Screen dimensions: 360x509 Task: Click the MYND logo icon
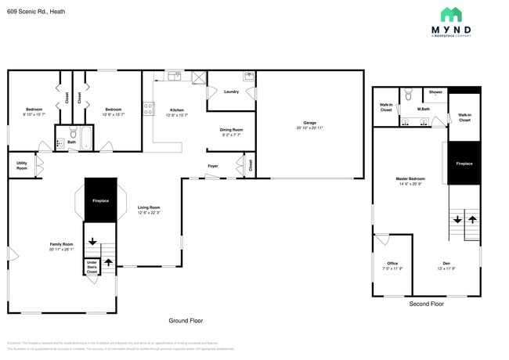coord(451,14)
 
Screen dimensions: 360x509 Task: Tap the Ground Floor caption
coord(186,321)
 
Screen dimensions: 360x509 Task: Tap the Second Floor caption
coord(427,304)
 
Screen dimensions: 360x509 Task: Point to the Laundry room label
coord(231,92)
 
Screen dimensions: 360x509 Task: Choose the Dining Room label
coord(231,131)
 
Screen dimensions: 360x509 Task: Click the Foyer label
coord(212,166)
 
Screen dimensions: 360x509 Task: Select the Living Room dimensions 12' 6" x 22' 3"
coord(149,213)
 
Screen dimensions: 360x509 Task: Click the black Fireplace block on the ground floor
coord(100,200)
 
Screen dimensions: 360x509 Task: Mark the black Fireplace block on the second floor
coord(464,164)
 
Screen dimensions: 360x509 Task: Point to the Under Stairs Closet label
coord(92,266)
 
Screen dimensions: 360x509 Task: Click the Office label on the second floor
coord(392,264)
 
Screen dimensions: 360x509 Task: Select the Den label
coord(446,264)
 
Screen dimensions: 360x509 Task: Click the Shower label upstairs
coord(435,92)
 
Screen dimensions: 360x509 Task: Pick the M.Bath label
coord(424,109)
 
